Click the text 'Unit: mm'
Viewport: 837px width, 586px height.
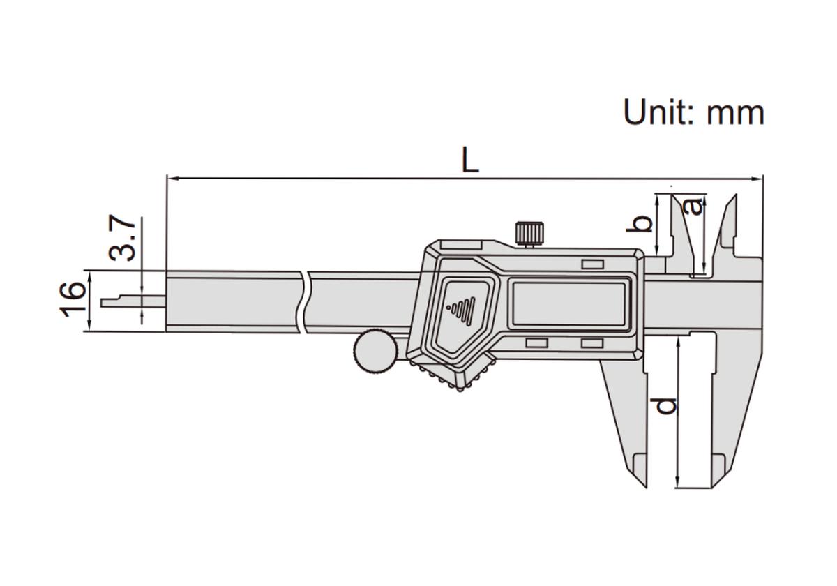[x=694, y=112]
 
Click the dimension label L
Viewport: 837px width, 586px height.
[x=470, y=160]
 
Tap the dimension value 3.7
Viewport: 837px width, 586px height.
[x=122, y=238]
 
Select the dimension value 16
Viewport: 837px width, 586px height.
[x=73, y=300]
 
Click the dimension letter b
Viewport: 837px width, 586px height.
[x=640, y=224]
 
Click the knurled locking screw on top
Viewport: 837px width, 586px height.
[x=529, y=234]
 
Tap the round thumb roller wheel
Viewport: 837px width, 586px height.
[x=375, y=352]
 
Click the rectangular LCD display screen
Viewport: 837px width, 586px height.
[x=569, y=304]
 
